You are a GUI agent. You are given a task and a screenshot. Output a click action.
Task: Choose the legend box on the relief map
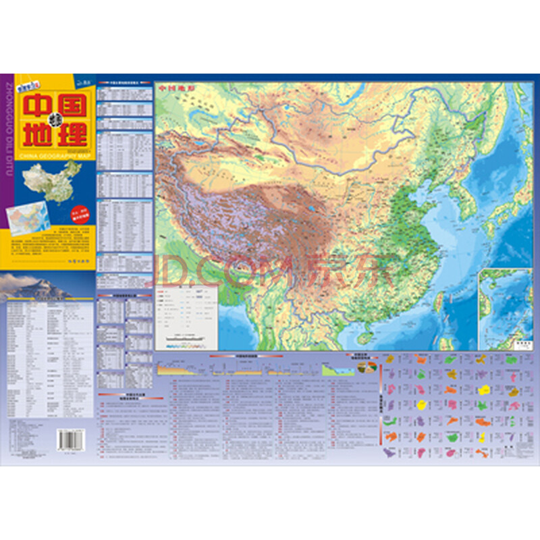click(185, 317)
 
